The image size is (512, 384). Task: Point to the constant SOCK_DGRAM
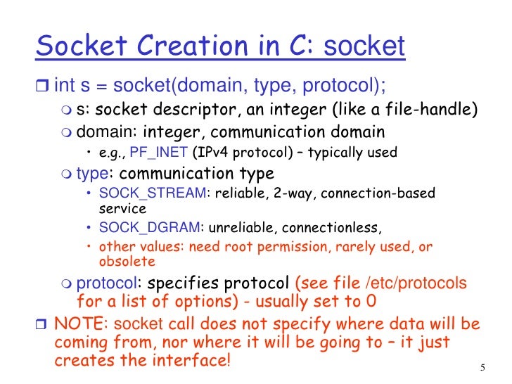click(x=149, y=227)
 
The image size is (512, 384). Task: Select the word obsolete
click(x=127, y=262)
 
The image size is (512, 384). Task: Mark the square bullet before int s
click(x=41, y=87)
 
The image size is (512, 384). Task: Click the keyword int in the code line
click(x=64, y=87)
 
